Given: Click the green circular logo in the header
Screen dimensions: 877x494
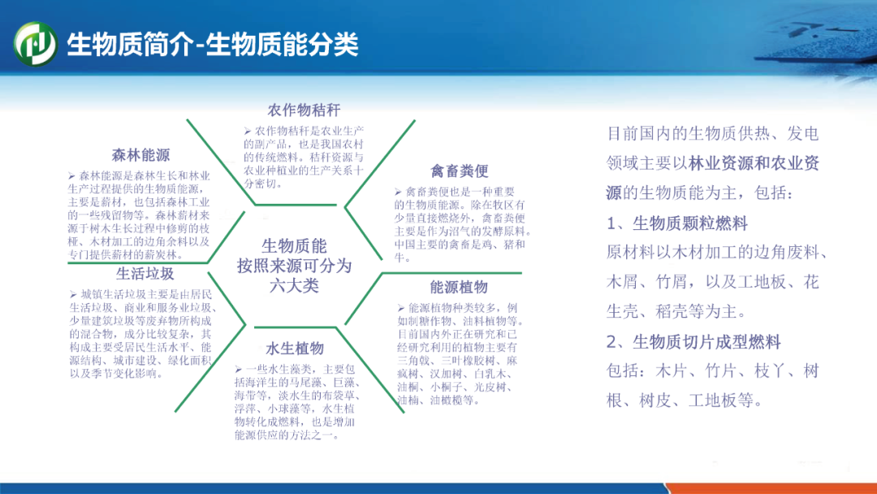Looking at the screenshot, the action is tap(35, 44).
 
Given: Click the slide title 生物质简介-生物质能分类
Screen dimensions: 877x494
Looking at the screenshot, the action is tap(213, 44).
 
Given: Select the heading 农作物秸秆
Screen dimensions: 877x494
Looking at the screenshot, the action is tap(304, 110).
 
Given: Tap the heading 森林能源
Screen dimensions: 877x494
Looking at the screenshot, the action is tap(140, 155).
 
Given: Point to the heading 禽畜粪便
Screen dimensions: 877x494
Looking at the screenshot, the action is tap(459, 171).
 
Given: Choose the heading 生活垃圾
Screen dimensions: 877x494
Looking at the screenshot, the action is tap(145, 274).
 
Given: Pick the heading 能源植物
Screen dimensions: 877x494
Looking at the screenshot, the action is tap(459, 288).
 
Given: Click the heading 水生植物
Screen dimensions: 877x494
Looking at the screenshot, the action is tap(295, 349).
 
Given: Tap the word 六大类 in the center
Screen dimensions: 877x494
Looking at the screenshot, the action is tap(294, 286).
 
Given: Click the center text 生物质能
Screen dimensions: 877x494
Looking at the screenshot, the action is tap(294, 245).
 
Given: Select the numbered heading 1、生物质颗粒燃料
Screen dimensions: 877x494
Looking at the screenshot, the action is tap(677, 223).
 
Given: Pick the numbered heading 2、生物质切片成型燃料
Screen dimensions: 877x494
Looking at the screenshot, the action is tap(693, 342).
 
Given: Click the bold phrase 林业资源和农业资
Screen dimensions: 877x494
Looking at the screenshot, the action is tap(754, 163).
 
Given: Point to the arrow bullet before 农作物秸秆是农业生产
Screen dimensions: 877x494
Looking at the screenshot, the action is tap(247, 132).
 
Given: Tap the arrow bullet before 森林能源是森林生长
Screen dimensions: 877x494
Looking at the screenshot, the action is tap(71, 176).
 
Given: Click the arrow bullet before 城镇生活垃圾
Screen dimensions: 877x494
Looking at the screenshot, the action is tap(73, 294).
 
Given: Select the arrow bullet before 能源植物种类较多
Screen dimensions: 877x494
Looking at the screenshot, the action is tap(401, 308).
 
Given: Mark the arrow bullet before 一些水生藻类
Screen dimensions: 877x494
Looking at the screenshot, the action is tap(238, 369).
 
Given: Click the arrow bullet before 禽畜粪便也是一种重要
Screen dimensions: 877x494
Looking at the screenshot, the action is tap(398, 192).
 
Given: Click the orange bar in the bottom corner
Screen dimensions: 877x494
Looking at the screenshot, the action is tap(772, 488).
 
